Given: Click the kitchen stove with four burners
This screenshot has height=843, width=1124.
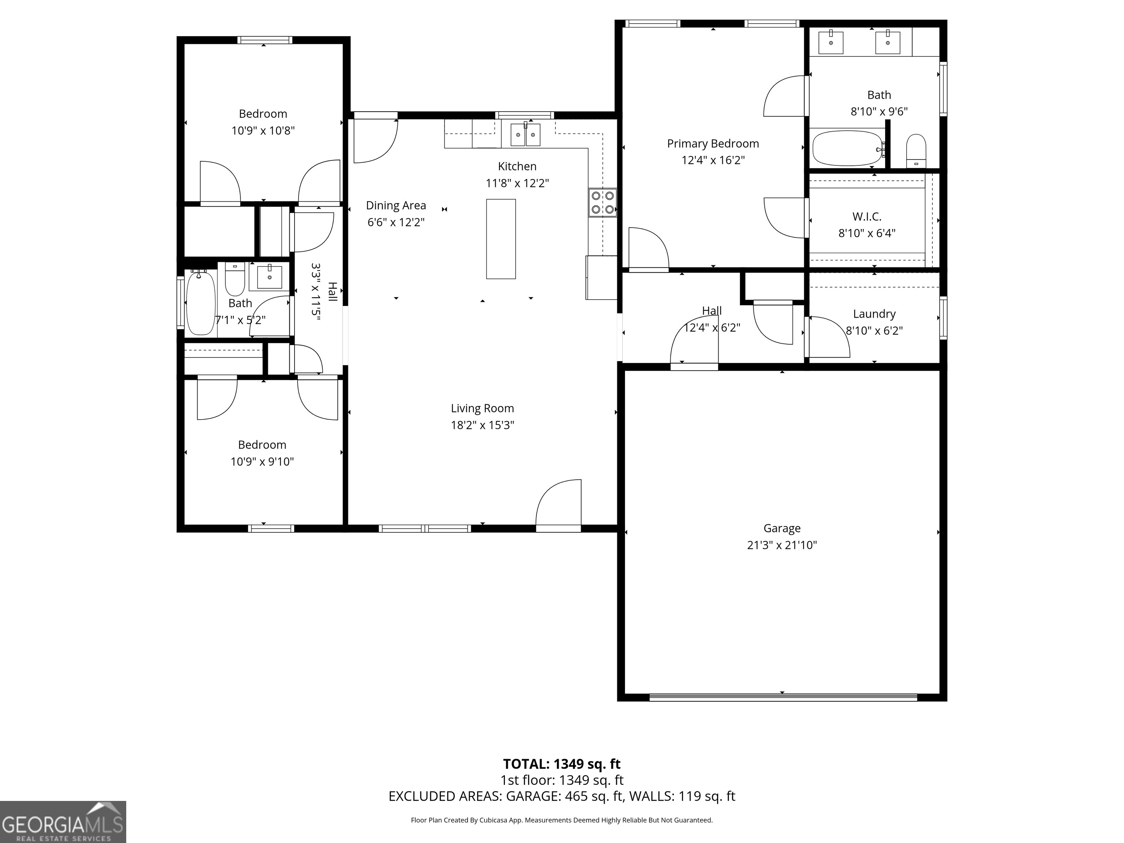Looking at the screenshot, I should click(603, 202).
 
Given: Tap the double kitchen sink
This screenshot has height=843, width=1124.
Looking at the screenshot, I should click(525, 134).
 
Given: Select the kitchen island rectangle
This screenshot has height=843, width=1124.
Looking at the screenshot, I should click(501, 239).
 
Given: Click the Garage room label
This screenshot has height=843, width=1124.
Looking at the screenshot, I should click(782, 528).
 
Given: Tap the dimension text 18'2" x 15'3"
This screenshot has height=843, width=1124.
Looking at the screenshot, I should click(482, 425).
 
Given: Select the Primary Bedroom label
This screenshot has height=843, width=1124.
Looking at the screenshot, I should click(712, 144).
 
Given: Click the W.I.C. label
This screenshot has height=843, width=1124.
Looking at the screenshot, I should click(866, 217).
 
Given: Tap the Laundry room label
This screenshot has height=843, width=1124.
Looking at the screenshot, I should click(874, 314).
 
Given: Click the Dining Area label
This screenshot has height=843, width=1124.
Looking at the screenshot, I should click(396, 206).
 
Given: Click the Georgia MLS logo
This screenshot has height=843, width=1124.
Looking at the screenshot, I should click(63, 822).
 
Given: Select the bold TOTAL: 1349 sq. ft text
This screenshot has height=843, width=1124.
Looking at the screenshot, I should click(562, 764).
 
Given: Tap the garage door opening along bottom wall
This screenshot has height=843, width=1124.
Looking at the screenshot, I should click(783, 697).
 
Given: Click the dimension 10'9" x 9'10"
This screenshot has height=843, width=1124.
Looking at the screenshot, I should click(262, 462).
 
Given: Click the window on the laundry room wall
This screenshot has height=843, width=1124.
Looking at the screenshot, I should click(943, 318).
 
